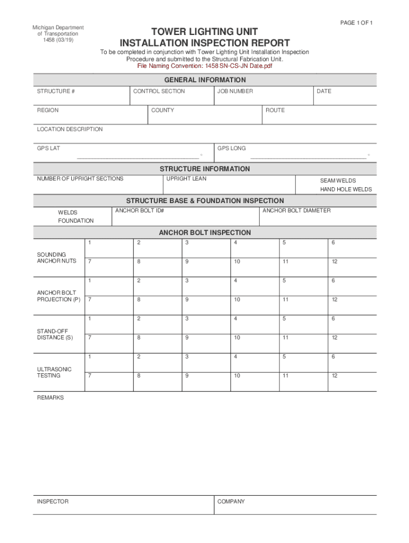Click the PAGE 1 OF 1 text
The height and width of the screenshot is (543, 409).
[356, 22]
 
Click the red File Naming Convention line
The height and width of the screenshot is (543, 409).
[204, 66]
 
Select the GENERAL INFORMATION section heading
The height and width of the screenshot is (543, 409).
[204, 80]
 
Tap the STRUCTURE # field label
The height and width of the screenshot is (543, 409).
[55, 91]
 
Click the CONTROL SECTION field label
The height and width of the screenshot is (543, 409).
[159, 91]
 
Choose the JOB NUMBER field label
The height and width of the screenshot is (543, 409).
[235, 91]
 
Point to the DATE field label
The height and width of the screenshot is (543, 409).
[323, 91]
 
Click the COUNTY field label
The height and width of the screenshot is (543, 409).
[162, 110]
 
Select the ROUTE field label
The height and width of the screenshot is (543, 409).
[275, 110]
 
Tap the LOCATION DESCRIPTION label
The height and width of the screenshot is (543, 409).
[70, 129]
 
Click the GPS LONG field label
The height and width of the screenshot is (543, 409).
[232, 148]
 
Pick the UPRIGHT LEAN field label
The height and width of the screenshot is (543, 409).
[186, 179]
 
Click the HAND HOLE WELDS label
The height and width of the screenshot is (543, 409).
[346, 189]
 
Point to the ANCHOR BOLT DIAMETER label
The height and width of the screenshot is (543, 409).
[296, 211]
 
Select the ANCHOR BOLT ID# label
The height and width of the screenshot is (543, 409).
[139, 211]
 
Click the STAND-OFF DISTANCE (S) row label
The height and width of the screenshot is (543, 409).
[55, 334]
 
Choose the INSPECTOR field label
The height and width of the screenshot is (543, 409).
[52, 501]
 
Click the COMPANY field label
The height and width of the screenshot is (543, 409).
[231, 501]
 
